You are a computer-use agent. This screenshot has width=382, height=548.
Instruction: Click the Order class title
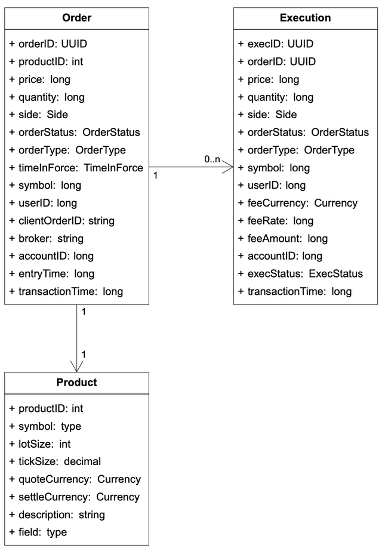point(77,18)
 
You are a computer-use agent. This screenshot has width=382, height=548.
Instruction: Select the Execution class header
point(305,18)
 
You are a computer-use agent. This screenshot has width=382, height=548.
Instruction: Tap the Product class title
point(77,382)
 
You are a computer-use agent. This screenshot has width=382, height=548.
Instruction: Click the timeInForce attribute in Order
point(76,168)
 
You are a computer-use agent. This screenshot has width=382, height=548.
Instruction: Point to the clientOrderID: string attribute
point(62,221)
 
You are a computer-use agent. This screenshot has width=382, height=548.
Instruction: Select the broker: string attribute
point(47,238)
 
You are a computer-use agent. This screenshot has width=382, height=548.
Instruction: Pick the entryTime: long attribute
point(52,274)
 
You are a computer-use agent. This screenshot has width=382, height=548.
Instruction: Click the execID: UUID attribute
point(276,44)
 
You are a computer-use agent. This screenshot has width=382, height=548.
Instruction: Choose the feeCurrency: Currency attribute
point(298,203)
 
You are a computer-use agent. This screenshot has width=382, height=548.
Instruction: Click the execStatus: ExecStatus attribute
point(300,274)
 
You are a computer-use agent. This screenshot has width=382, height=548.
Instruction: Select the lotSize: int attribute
point(41,444)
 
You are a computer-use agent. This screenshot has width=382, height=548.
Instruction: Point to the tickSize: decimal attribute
point(56,461)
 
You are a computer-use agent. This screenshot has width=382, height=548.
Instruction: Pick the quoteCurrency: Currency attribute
point(75,479)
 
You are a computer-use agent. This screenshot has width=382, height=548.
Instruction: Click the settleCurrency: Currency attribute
point(75,497)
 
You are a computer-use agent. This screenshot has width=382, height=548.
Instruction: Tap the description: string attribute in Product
point(57,515)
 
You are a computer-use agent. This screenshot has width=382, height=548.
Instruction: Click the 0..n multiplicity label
point(212,159)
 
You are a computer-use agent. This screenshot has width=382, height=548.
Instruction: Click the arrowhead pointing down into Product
point(77,366)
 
